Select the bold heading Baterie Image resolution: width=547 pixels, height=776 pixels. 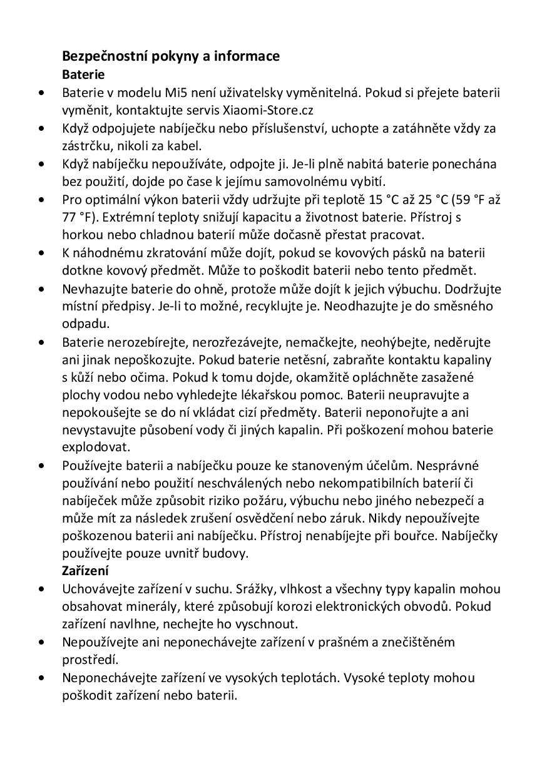[x=83, y=74]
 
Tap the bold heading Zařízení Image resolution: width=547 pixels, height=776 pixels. [x=86, y=571]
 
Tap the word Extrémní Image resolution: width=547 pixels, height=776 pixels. [x=127, y=218]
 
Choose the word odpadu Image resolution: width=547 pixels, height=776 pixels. [x=86, y=324]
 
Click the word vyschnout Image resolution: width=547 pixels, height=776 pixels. [x=266, y=624]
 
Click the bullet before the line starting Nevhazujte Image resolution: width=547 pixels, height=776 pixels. [x=41, y=289]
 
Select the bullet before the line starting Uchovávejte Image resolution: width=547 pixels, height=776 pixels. [x=41, y=589]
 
